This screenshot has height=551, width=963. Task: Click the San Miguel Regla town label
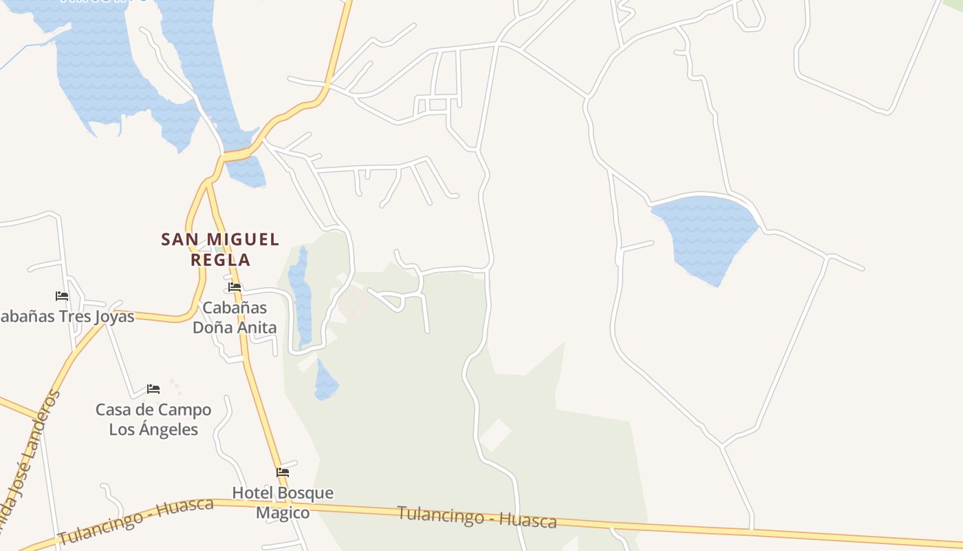[x=220, y=249]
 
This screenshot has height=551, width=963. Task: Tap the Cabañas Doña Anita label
[x=235, y=318]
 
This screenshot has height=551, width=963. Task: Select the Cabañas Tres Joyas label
[x=66, y=317]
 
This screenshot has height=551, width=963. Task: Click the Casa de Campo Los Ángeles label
[x=153, y=419]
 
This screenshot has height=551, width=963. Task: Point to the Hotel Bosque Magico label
[x=283, y=503]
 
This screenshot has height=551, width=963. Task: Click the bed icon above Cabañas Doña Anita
[x=235, y=287]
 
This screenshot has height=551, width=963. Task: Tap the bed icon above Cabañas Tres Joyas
[x=62, y=296]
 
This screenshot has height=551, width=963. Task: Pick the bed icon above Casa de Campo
[x=153, y=389]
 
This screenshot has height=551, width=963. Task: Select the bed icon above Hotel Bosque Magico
[x=283, y=472]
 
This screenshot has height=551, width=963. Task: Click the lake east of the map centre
[x=705, y=234]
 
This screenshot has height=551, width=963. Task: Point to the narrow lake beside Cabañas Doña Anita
[x=300, y=296]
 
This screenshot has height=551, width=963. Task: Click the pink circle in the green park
[x=351, y=303]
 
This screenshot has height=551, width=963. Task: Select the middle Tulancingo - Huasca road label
[x=477, y=517]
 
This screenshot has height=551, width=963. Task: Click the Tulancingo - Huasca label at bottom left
[x=136, y=520]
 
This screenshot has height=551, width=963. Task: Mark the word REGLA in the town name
[x=220, y=260]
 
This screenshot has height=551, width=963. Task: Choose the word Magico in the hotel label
[x=283, y=513]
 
